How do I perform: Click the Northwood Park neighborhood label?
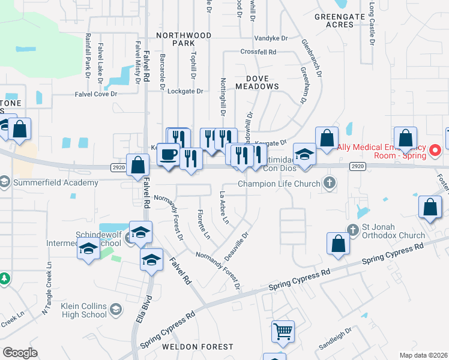tap(184, 40)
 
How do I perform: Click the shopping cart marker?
tap(282, 331)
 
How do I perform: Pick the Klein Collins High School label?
tap(84, 310)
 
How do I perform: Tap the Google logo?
tap(20, 352)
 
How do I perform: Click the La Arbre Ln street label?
tap(223, 208)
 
